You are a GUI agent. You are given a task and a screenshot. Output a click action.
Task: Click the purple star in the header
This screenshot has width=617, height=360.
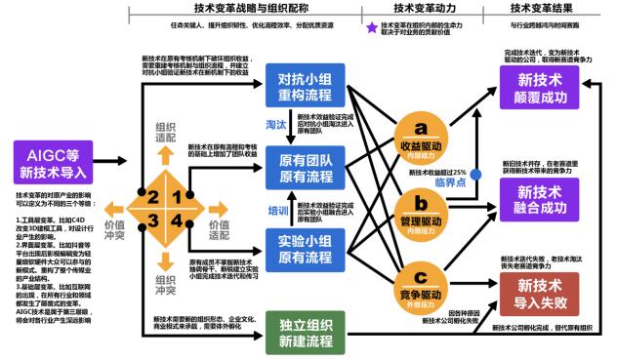[372, 28]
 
